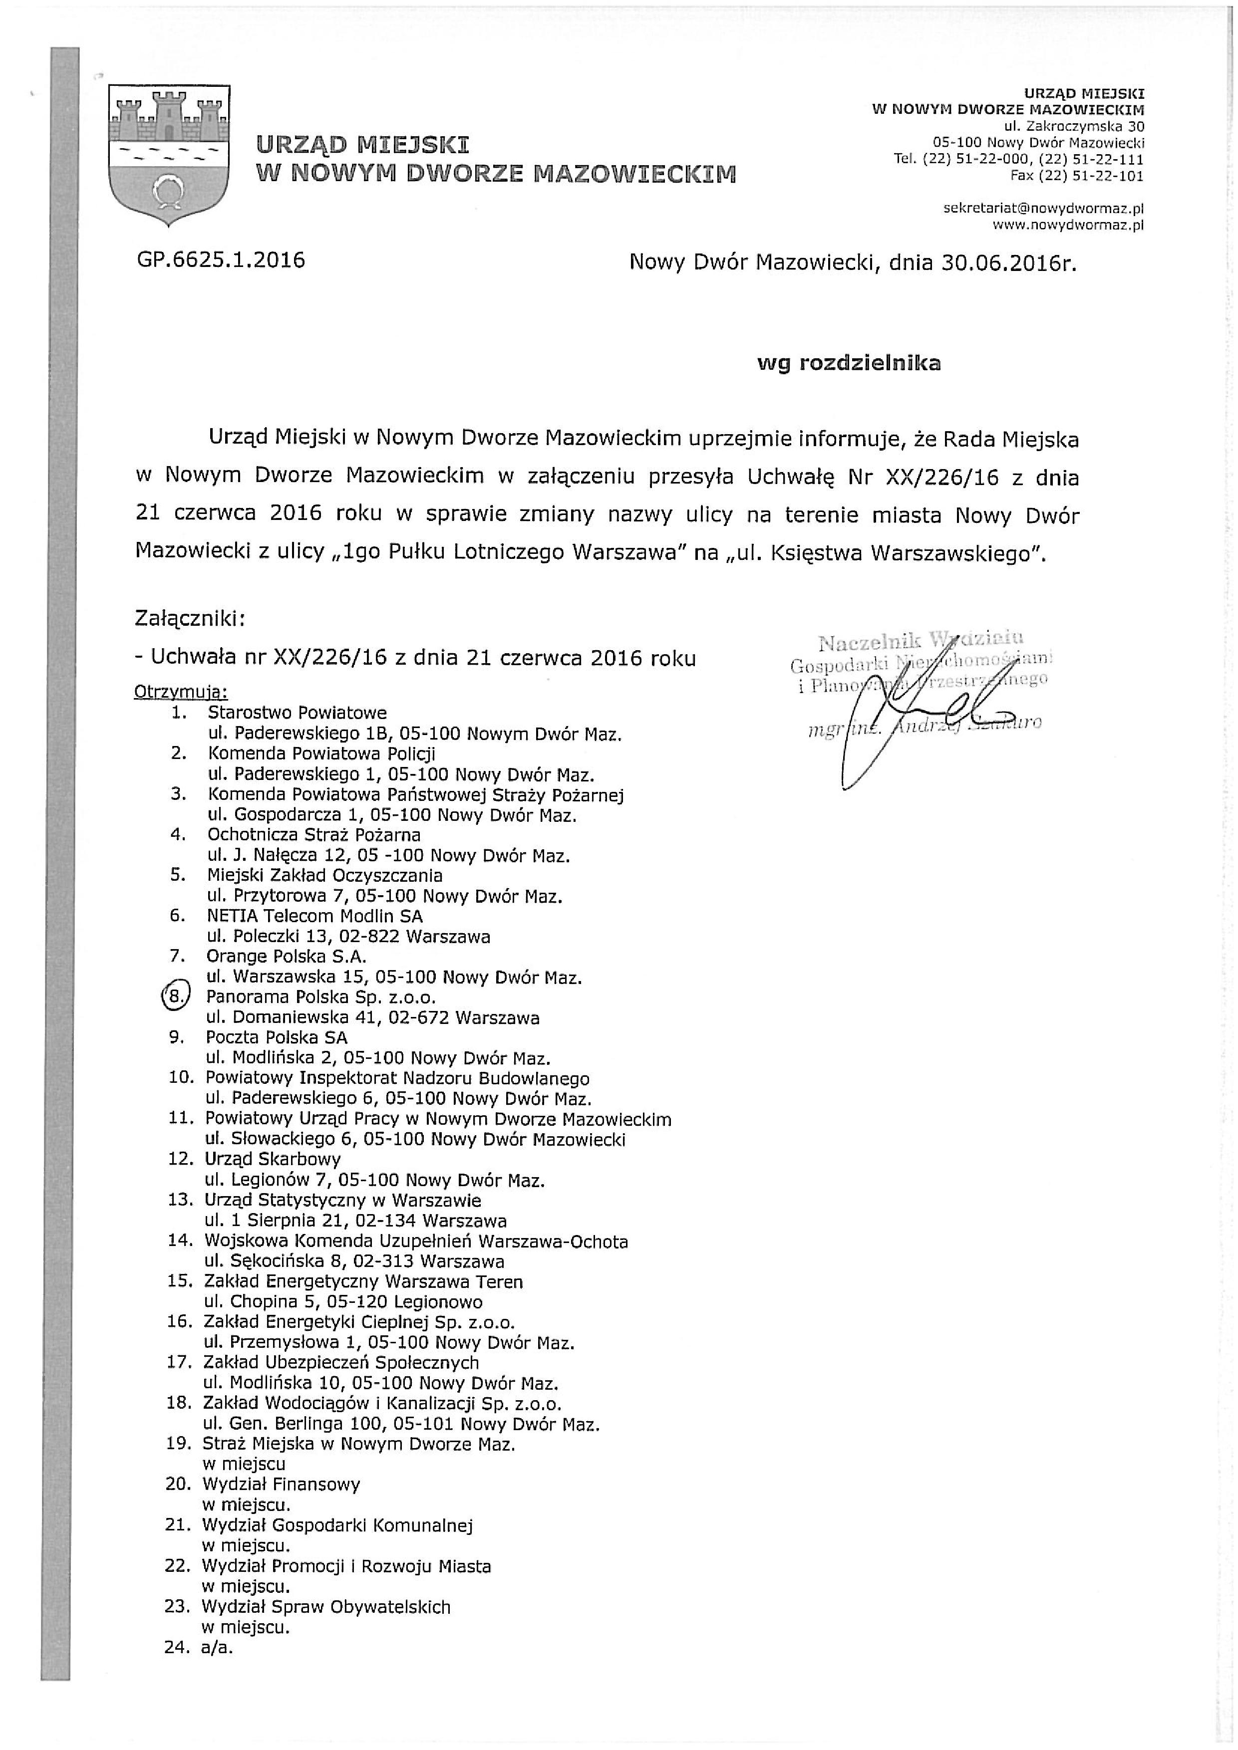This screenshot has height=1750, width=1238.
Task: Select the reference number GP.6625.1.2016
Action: click(221, 260)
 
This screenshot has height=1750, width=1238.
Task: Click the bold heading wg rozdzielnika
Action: click(849, 364)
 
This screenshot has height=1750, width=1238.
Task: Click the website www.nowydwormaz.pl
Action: click(1068, 225)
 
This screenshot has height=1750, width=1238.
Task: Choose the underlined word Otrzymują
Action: click(181, 692)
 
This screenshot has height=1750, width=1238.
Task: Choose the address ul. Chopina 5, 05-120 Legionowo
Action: click(344, 1302)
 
